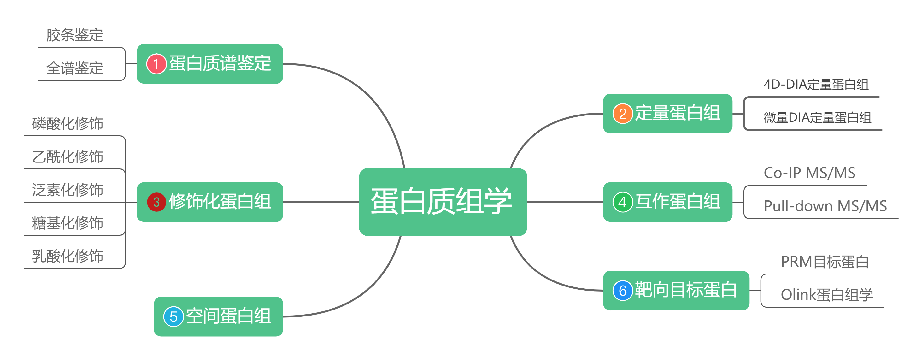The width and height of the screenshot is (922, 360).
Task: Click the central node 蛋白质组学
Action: click(x=442, y=202)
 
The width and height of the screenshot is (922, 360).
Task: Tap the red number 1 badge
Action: click(x=156, y=64)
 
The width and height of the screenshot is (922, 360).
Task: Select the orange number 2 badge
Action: click(x=622, y=114)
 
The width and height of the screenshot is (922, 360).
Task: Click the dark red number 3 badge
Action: click(x=156, y=202)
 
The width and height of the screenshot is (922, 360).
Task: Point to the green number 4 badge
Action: click(x=622, y=202)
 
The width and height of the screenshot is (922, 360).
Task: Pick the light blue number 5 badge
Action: click(x=173, y=317)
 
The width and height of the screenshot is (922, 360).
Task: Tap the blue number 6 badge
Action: click(x=622, y=291)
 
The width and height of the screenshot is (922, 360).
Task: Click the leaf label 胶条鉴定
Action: click(x=74, y=35)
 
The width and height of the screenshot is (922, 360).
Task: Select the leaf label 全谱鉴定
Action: click(x=74, y=68)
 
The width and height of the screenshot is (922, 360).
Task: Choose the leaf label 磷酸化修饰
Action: click(x=68, y=123)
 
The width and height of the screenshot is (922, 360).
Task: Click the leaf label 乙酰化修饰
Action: click(x=68, y=157)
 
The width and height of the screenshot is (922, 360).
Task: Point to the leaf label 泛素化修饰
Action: click(x=68, y=190)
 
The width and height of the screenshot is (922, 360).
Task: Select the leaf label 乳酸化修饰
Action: click(x=68, y=256)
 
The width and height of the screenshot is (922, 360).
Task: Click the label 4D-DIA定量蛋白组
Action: click(x=816, y=85)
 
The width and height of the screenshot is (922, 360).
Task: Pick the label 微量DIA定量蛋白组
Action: click(x=817, y=117)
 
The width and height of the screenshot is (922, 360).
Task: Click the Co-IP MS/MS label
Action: click(x=809, y=173)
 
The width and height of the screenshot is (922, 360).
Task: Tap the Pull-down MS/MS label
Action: click(x=825, y=206)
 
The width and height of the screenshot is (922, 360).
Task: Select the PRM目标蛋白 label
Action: click(x=825, y=262)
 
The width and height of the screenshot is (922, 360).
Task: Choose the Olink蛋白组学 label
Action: click(x=826, y=294)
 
